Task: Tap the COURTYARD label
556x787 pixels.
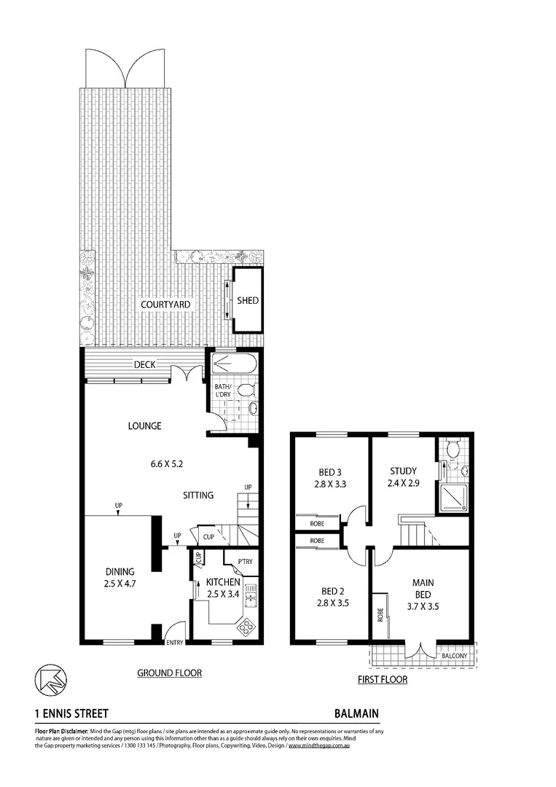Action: [x=165, y=305]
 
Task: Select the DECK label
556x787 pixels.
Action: [x=144, y=365]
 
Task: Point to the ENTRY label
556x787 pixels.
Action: [x=175, y=642]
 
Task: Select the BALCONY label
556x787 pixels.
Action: [x=455, y=656]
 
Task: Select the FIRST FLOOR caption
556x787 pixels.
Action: [x=383, y=680]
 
